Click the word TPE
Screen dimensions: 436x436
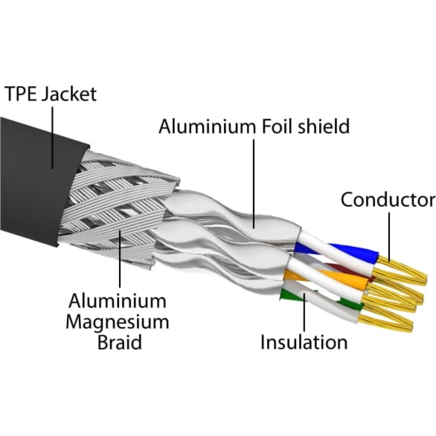click(x=21, y=94)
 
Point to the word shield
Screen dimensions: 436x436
click(x=322, y=126)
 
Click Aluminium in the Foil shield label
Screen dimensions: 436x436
click(x=207, y=126)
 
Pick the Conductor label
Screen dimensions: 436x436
click(x=388, y=200)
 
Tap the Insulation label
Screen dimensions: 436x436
click(x=304, y=342)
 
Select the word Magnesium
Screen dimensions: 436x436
click(x=117, y=323)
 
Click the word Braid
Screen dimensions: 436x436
click(x=119, y=342)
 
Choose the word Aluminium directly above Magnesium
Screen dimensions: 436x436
click(x=117, y=300)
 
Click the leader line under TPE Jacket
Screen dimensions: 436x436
click(x=52, y=138)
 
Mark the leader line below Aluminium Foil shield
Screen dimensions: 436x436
click(x=254, y=184)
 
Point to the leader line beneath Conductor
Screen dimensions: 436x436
click(x=389, y=237)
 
